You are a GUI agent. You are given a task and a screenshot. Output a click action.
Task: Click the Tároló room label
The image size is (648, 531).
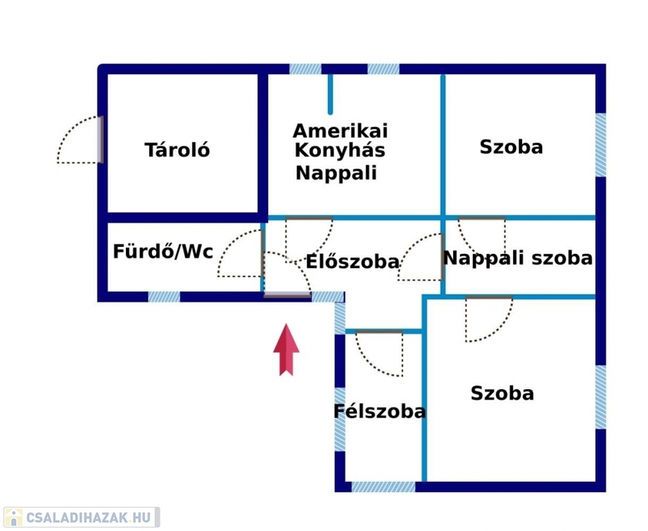tap(177, 149)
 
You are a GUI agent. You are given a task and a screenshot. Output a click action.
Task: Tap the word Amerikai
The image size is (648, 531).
tap(340, 131)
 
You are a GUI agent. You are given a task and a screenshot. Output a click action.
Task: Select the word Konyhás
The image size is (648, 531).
tap(340, 151)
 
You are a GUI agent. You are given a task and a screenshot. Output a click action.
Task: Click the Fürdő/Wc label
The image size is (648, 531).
tap(163, 251)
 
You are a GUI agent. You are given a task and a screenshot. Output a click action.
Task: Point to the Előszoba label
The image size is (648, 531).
tap(353, 261)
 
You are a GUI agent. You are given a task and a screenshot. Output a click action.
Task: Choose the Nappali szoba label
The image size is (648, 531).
tap(518, 259)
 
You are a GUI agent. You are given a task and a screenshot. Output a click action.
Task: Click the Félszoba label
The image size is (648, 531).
tap(380, 411)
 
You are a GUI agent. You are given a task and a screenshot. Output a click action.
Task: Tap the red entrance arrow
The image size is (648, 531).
tap(286, 350)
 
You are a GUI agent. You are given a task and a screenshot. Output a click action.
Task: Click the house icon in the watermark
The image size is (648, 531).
tap(14, 517)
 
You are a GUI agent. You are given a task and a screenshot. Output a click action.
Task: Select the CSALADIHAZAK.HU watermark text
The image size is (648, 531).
tap(89, 517)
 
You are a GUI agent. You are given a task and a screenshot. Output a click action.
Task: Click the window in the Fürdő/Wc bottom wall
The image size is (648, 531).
tap(164, 297)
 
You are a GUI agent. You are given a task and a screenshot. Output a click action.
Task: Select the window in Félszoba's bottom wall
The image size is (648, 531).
tap(383, 486)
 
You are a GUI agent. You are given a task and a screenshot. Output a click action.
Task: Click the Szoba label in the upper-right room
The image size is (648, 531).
tap(511, 147)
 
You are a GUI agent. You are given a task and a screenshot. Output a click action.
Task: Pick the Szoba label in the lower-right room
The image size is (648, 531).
tap(502, 393)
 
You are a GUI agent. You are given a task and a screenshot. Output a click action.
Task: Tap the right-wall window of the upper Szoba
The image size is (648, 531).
tap(600, 145)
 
